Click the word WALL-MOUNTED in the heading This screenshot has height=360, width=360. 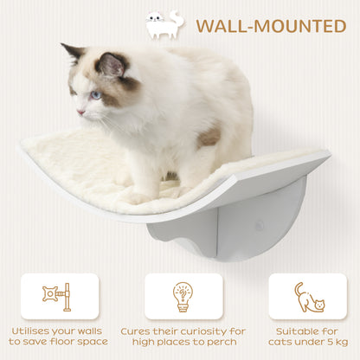coord(270,25)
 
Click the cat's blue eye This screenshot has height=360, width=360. coord(95,94)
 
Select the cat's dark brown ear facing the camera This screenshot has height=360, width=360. coord(111,65)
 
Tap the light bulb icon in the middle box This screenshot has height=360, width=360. coord(183,297)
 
